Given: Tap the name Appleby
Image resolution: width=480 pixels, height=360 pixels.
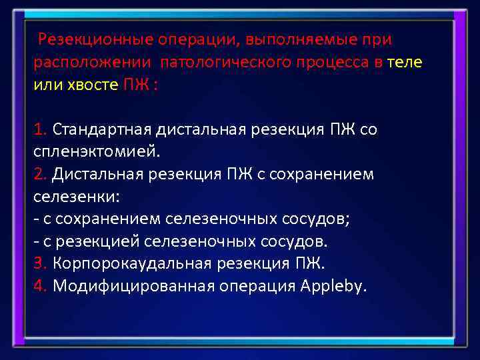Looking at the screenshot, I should click(333, 286).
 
